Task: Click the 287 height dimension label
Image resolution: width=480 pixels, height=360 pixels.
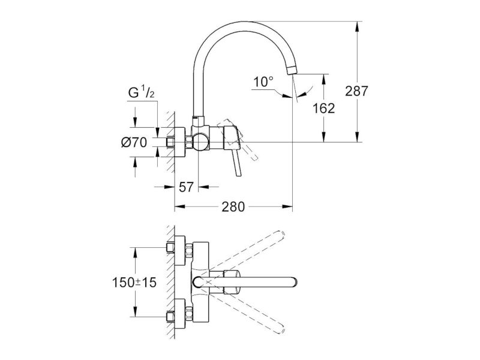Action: coord(356,91)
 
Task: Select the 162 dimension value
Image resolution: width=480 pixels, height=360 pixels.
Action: coord(324,108)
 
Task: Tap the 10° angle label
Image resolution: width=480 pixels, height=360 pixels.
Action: coord(263,82)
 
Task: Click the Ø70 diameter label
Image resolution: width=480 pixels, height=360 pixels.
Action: coord(134,142)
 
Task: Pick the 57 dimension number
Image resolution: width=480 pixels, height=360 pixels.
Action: coord(186,187)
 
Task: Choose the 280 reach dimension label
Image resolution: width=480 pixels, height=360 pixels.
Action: coord(233,207)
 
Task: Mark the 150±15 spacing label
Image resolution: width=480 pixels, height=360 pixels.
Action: coord(134,282)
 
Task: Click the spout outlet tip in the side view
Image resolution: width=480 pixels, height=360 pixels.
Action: coord(292,70)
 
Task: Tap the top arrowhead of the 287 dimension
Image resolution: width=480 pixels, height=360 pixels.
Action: coord(356,26)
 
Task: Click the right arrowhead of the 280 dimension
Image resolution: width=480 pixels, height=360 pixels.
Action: coord(288,207)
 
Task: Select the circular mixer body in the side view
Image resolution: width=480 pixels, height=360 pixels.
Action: coord(200,142)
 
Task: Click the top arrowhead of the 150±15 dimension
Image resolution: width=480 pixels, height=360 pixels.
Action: coord(134,252)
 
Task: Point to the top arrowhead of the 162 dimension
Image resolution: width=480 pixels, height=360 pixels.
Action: coord(324,79)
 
